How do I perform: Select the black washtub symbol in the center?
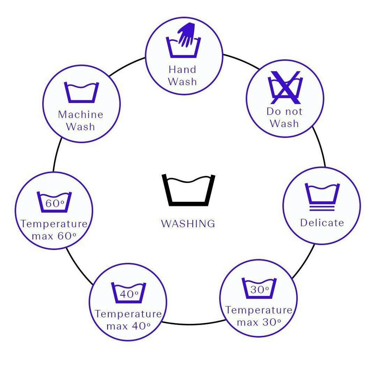188,190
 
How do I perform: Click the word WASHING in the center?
188,223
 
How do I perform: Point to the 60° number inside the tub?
55,203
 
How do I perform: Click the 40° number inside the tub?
129,294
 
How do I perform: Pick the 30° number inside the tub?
260,289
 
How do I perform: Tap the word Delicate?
322,223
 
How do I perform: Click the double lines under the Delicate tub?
322,208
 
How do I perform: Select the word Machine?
81,114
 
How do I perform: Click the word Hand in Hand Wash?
183,70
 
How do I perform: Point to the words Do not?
285,111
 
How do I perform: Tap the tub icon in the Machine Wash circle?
81,92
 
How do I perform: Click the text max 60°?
54,236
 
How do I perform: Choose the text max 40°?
128,326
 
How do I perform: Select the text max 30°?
259,322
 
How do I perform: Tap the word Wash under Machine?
80,127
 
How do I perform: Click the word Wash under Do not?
284,123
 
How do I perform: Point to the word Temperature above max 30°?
259,310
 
